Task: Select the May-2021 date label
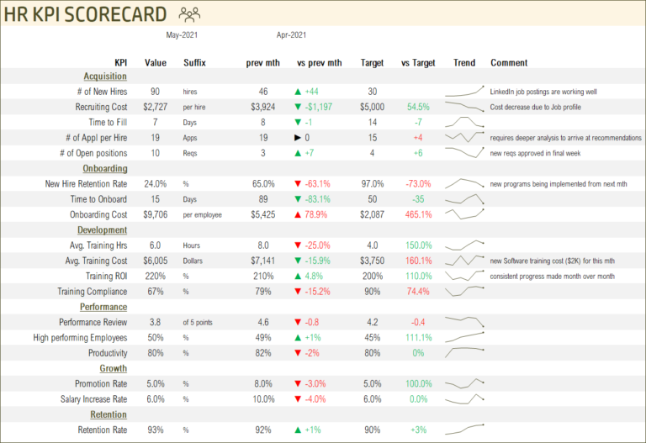pos(182,35)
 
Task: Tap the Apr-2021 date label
pos(291,35)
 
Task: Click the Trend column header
pos(463,63)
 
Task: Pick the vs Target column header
pos(418,63)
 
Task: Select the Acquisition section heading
pos(105,76)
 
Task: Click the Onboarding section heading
pos(104,168)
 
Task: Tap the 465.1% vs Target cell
pos(418,214)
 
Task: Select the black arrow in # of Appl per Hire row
pos(298,138)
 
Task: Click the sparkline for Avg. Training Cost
pos(464,261)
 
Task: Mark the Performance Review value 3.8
pos(155,322)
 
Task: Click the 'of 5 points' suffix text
pos(200,322)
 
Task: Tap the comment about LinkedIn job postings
pos(548,92)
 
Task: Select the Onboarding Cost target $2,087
pos(372,214)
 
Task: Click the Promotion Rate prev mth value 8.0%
pos(263,383)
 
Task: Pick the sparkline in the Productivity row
pos(464,352)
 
